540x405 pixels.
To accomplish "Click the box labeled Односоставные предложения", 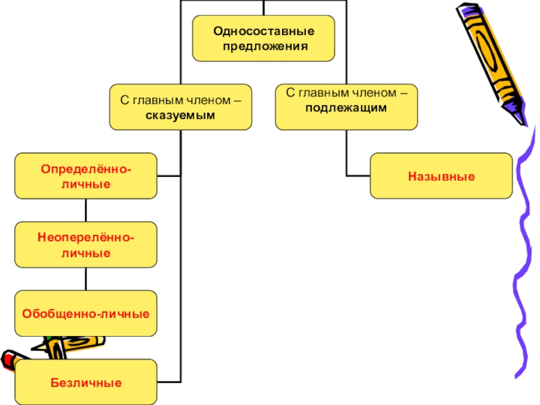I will tap(263, 38).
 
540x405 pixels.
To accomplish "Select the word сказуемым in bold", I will tap(180, 115).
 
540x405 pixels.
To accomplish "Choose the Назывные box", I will tap(441, 175).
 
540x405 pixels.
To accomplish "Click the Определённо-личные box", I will tap(86, 175).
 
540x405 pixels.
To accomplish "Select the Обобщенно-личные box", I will tap(86, 313).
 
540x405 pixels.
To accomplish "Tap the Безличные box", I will tap(86, 382).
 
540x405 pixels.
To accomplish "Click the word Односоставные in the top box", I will tap(263, 31).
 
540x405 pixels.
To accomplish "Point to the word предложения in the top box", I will tap(263, 47).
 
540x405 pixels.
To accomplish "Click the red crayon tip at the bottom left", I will tap(7, 359).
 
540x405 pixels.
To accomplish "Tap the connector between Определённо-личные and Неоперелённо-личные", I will tap(86, 210).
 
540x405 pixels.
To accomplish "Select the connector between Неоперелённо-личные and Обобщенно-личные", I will tap(86, 279).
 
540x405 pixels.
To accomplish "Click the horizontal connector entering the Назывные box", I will tap(358, 175).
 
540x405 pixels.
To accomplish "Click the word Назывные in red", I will tap(441, 176).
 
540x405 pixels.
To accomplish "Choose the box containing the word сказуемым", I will tap(180, 107).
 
